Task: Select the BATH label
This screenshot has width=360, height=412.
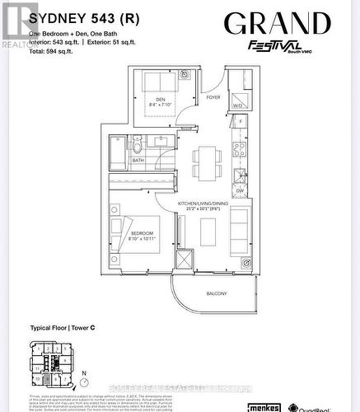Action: coord(138,160)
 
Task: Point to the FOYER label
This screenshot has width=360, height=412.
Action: coord(213,97)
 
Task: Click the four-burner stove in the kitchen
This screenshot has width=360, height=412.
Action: coord(239,150)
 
